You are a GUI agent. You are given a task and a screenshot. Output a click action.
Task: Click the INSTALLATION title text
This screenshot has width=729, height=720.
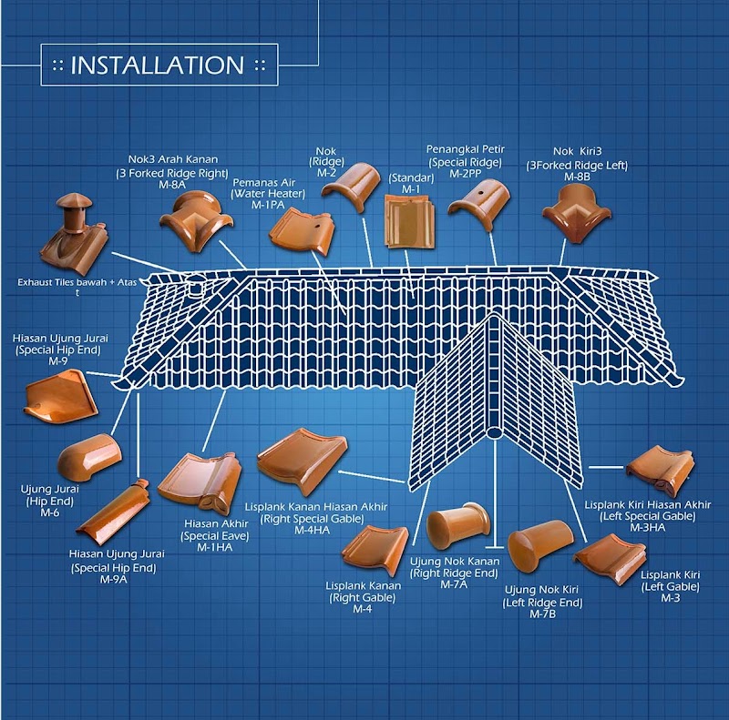tap(157, 66)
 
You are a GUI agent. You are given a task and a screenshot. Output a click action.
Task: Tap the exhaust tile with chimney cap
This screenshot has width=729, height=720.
tap(76, 231)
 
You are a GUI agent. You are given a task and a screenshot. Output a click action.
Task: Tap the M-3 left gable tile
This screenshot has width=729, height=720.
tap(610, 557)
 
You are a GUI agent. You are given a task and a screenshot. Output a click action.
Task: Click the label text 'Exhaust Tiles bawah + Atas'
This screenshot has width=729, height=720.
tap(77, 283)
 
